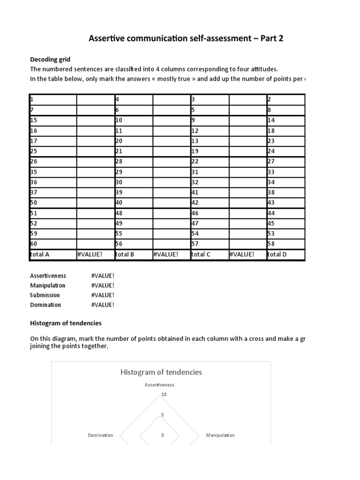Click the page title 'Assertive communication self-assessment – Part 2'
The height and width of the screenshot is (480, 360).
[x=186, y=38]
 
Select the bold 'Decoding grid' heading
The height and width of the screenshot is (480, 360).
[x=50, y=60]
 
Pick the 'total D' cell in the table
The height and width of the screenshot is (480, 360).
[x=285, y=255]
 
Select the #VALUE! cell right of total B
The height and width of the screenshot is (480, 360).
[x=171, y=255]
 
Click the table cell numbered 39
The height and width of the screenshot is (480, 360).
[x=134, y=192]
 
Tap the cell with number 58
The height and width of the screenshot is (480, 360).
[x=285, y=244]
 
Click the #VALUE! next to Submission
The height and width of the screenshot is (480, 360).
[x=103, y=295]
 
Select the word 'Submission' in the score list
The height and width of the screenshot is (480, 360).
[x=45, y=295]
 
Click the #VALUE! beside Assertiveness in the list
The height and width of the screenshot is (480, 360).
[x=103, y=276]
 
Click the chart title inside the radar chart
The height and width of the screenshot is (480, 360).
[x=161, y=372]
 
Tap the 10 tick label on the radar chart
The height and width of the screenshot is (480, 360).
[x=164, y=395]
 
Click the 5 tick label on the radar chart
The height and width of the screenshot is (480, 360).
[x=163, y=415]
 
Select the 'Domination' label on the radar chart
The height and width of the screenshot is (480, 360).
[x=101, y=435]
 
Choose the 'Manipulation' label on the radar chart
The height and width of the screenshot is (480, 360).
[x=220, y=435]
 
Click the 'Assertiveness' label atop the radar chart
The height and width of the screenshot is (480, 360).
[x=159, y=385]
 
